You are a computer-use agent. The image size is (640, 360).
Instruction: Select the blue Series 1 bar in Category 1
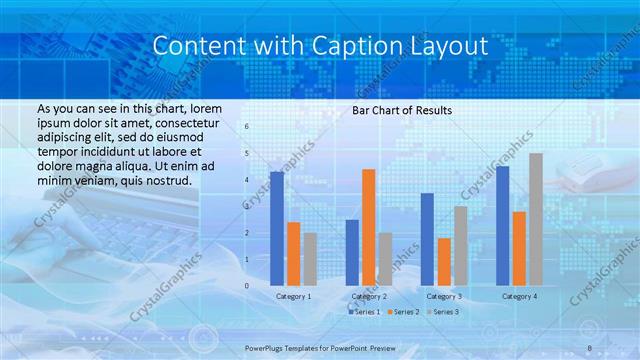pos(277,228)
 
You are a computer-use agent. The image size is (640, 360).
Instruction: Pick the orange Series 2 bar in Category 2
pos(369,227)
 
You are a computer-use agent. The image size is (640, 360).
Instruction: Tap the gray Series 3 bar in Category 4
pos(536,219)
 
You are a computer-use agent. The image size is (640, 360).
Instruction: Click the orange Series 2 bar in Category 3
pos(444,261)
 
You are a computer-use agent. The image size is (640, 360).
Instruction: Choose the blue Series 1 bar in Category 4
pos(502,225)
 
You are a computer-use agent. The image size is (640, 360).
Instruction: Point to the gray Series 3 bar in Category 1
pos(310,259)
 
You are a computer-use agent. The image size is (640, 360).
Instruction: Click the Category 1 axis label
pos(293,296)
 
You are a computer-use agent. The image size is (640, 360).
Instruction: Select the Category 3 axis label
pos(443,296)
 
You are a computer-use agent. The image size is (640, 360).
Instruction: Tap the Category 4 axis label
pos(518,296)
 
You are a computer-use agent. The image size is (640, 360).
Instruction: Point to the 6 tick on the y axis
pos(247,127)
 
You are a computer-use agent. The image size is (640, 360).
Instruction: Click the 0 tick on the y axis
pos(247,286)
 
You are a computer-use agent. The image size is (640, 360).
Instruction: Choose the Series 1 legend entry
pos(365,312)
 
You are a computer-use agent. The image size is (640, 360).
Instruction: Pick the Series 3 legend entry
pos(447,312)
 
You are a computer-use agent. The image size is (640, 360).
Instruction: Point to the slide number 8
pos(590,347)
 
